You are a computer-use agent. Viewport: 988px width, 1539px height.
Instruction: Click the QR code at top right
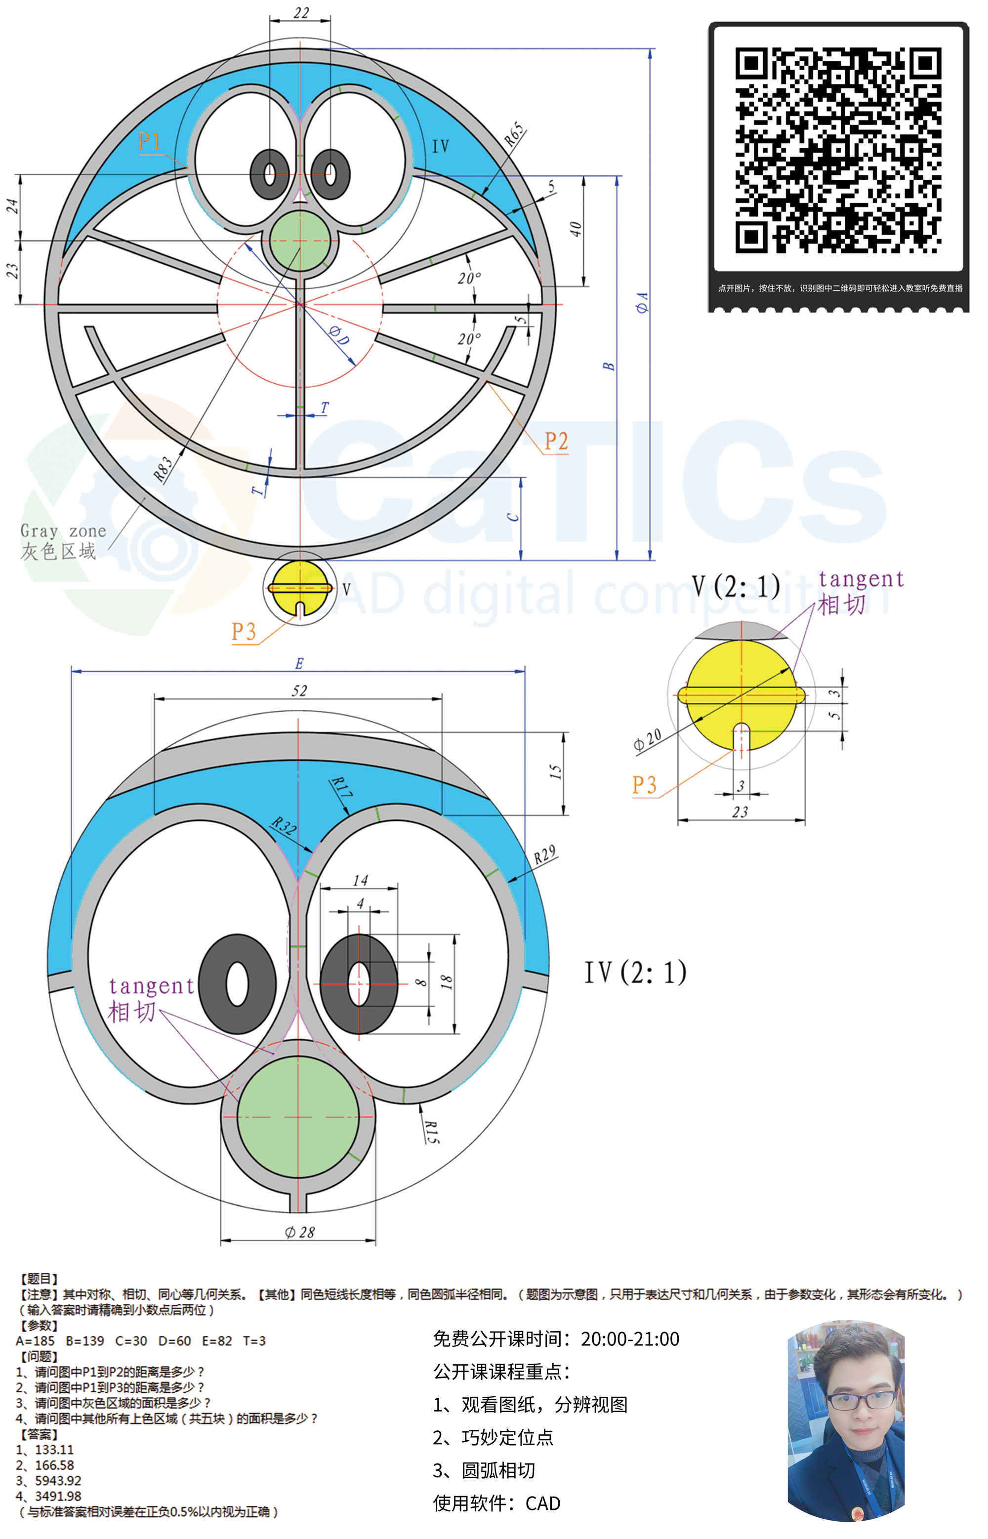838,150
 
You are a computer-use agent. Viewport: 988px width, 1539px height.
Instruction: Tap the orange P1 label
150,141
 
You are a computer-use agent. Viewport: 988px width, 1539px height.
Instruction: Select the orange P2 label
556,441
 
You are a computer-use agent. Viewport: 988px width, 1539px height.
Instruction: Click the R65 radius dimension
515,134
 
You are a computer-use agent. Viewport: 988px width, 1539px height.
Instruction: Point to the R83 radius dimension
164,469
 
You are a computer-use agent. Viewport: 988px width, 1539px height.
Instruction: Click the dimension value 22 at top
301,13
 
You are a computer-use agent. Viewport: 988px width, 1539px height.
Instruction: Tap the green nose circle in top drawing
299,242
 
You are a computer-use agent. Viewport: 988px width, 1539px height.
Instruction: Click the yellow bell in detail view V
741,695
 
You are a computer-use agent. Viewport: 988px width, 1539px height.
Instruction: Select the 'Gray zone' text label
63,531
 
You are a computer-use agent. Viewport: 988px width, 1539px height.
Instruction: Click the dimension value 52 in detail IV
299,690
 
